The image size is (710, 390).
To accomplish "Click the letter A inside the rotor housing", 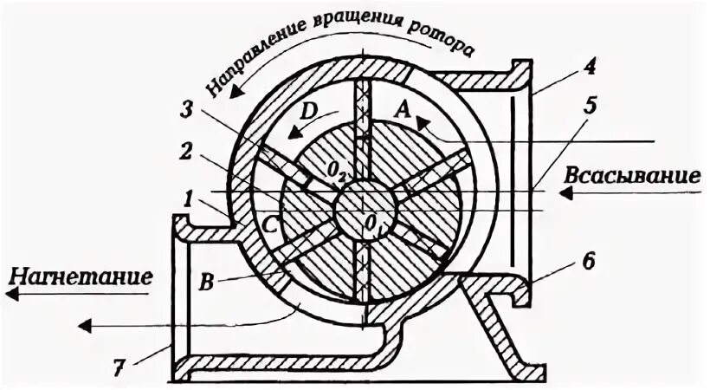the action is (401, 108).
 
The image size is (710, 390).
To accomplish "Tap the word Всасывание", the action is (631, 174).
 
